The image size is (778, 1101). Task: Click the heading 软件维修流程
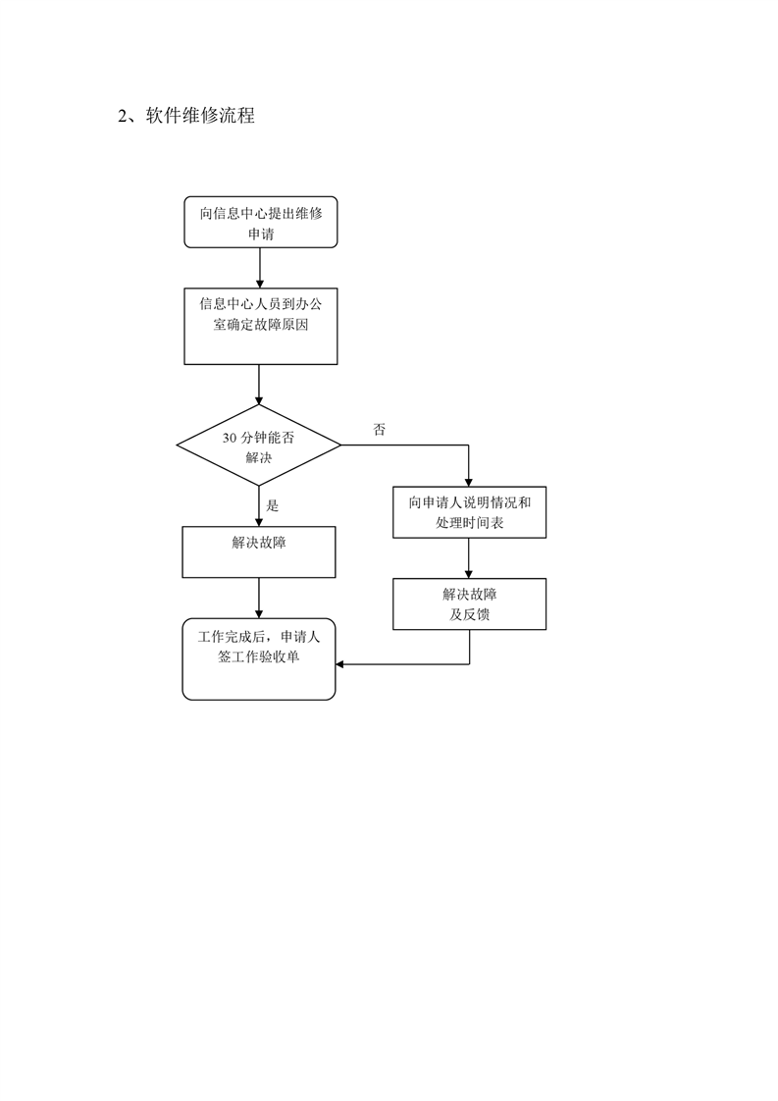[x=200, y=115]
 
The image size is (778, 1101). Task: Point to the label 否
[x=379, y=430]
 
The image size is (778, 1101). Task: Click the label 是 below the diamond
[x=273, y=505]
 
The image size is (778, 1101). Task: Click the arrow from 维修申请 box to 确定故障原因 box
[x=260, y=268]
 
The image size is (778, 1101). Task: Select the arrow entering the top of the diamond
[x=259, y=385]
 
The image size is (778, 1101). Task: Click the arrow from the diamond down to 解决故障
[x=259, y=506]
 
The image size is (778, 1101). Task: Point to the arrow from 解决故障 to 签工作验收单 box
[x=259, y=599]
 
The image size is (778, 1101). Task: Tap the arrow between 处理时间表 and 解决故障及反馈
[x=469, y=558]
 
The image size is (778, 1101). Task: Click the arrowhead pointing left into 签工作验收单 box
[x=339, y=663]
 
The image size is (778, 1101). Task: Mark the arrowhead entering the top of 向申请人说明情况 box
[x=469, y=483]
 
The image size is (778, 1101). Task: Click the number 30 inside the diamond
[x=230, y=439]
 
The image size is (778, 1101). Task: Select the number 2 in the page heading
[x=123, y=116]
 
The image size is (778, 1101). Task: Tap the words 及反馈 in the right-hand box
[x=469, y=614]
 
